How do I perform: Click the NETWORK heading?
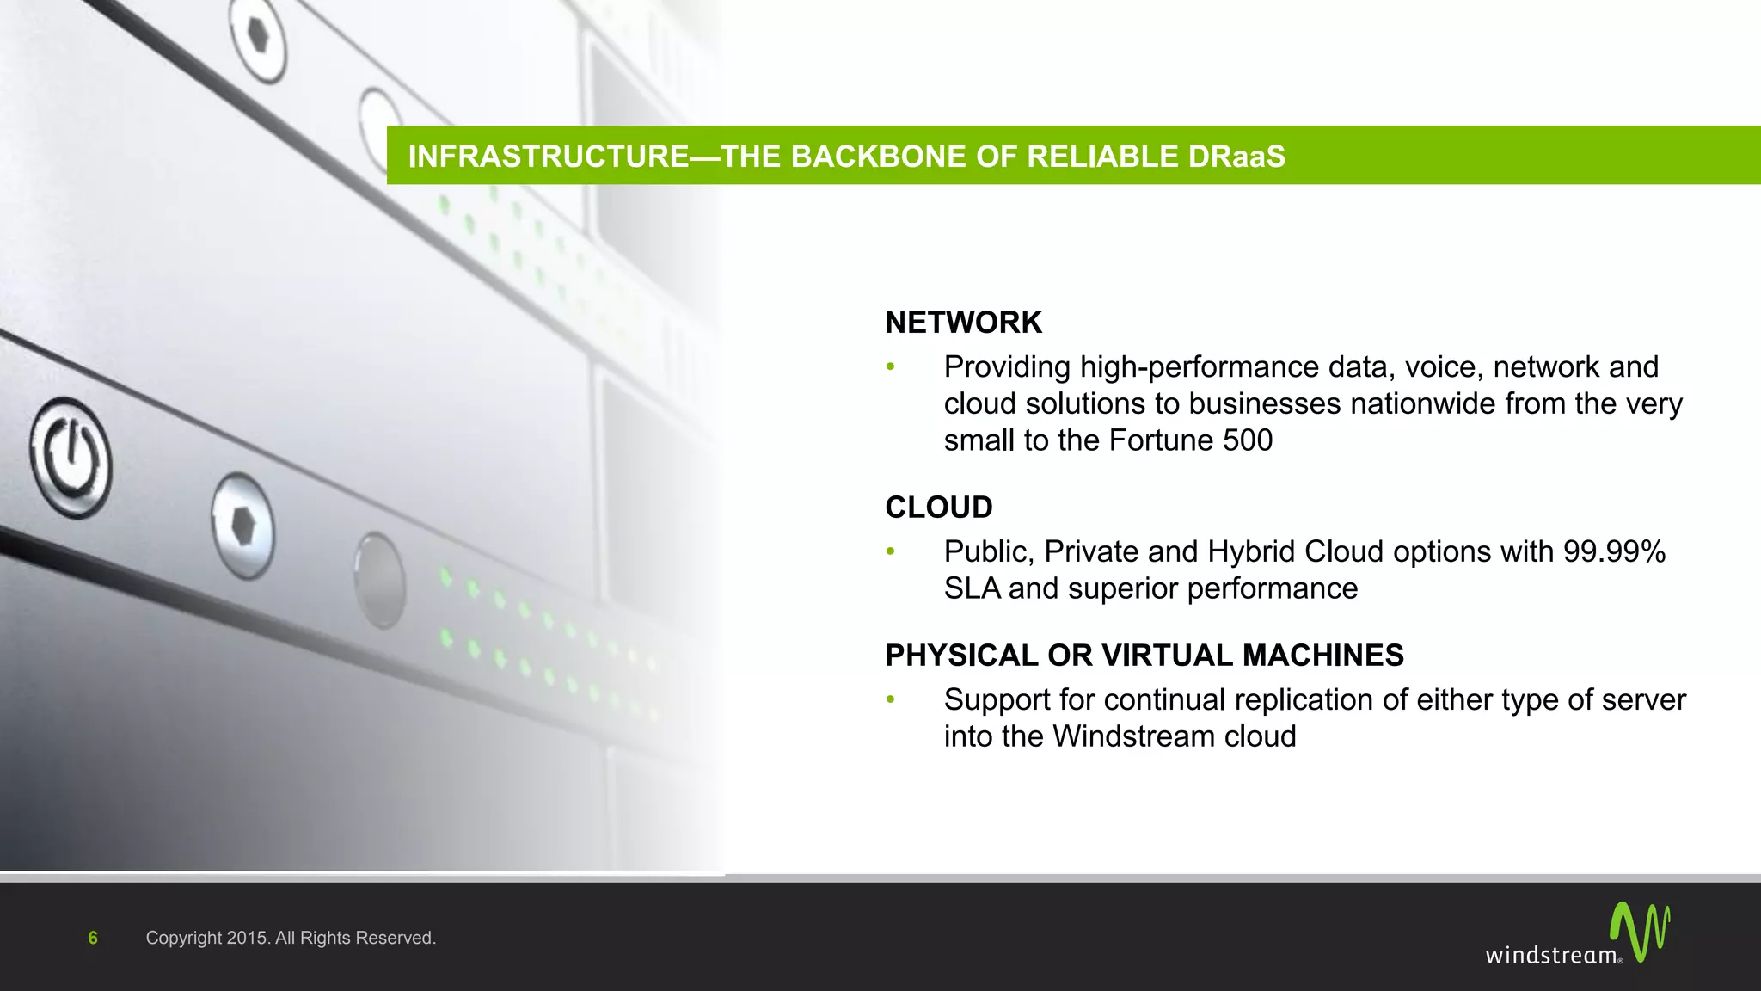(x=963, y=323)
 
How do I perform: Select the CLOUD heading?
(x=938, y=508)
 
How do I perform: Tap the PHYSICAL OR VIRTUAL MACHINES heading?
(x=1144, y=656)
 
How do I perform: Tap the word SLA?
(x=972, y=588)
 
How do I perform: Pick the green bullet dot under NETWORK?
(x=891, y=367)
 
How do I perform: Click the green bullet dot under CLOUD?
(x=891, y=551)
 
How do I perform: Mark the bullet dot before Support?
(x=891, y=700)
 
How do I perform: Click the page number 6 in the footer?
(x=93, y=938)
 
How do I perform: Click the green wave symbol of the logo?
(x=1639, y=931)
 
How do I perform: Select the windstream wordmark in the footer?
(x=1552, y=955)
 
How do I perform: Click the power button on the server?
(x=71, y=458)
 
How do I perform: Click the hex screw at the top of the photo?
(x=258, y=34)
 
